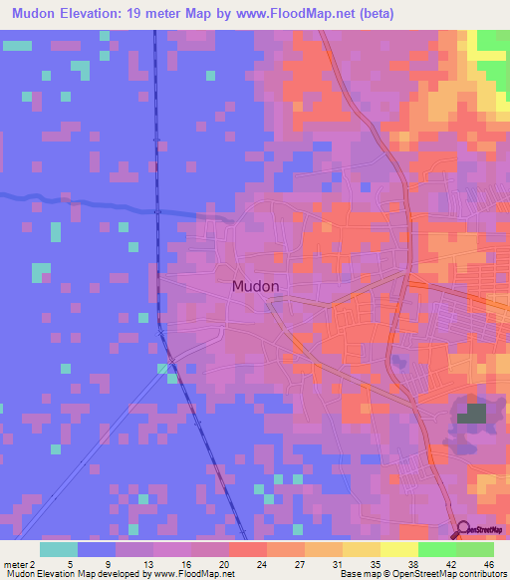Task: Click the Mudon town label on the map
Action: [x=255, y=286]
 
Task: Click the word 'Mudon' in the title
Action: [x=36, y=14]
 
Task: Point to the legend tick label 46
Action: [x=489, y=563]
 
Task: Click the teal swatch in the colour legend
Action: [x=59, y=549]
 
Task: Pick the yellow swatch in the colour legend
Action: [x=398, y=549]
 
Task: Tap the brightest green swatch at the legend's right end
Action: [x=474, y=549]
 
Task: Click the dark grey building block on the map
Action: [x=472, y=414]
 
